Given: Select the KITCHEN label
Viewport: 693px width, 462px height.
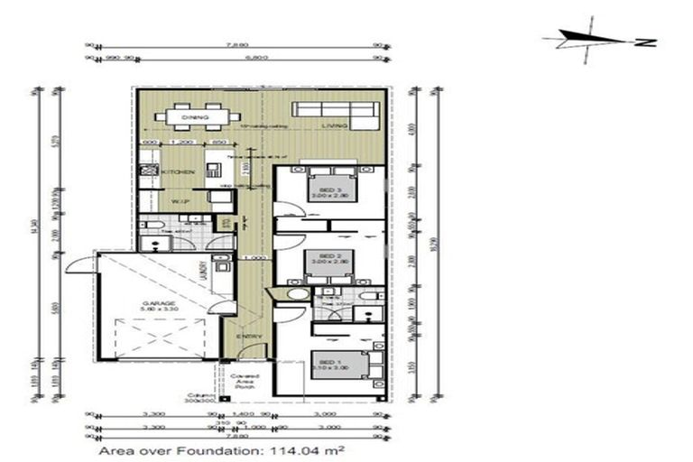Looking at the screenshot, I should pyautogui.click(x=173, y=171).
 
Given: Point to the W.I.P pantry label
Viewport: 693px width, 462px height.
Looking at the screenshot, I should pyautogui.click(x=179, y=203).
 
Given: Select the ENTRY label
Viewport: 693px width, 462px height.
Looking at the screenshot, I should pyautogui.click(x=250, y=336).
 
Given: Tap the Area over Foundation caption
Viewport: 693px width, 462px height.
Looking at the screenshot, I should pyautogui.click(x=222, y=448).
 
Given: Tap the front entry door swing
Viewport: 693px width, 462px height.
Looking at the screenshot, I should pyautogui.click(x=255, y=352).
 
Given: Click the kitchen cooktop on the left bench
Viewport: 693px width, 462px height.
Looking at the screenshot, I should pyautogui.click(x=149, y=171).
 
